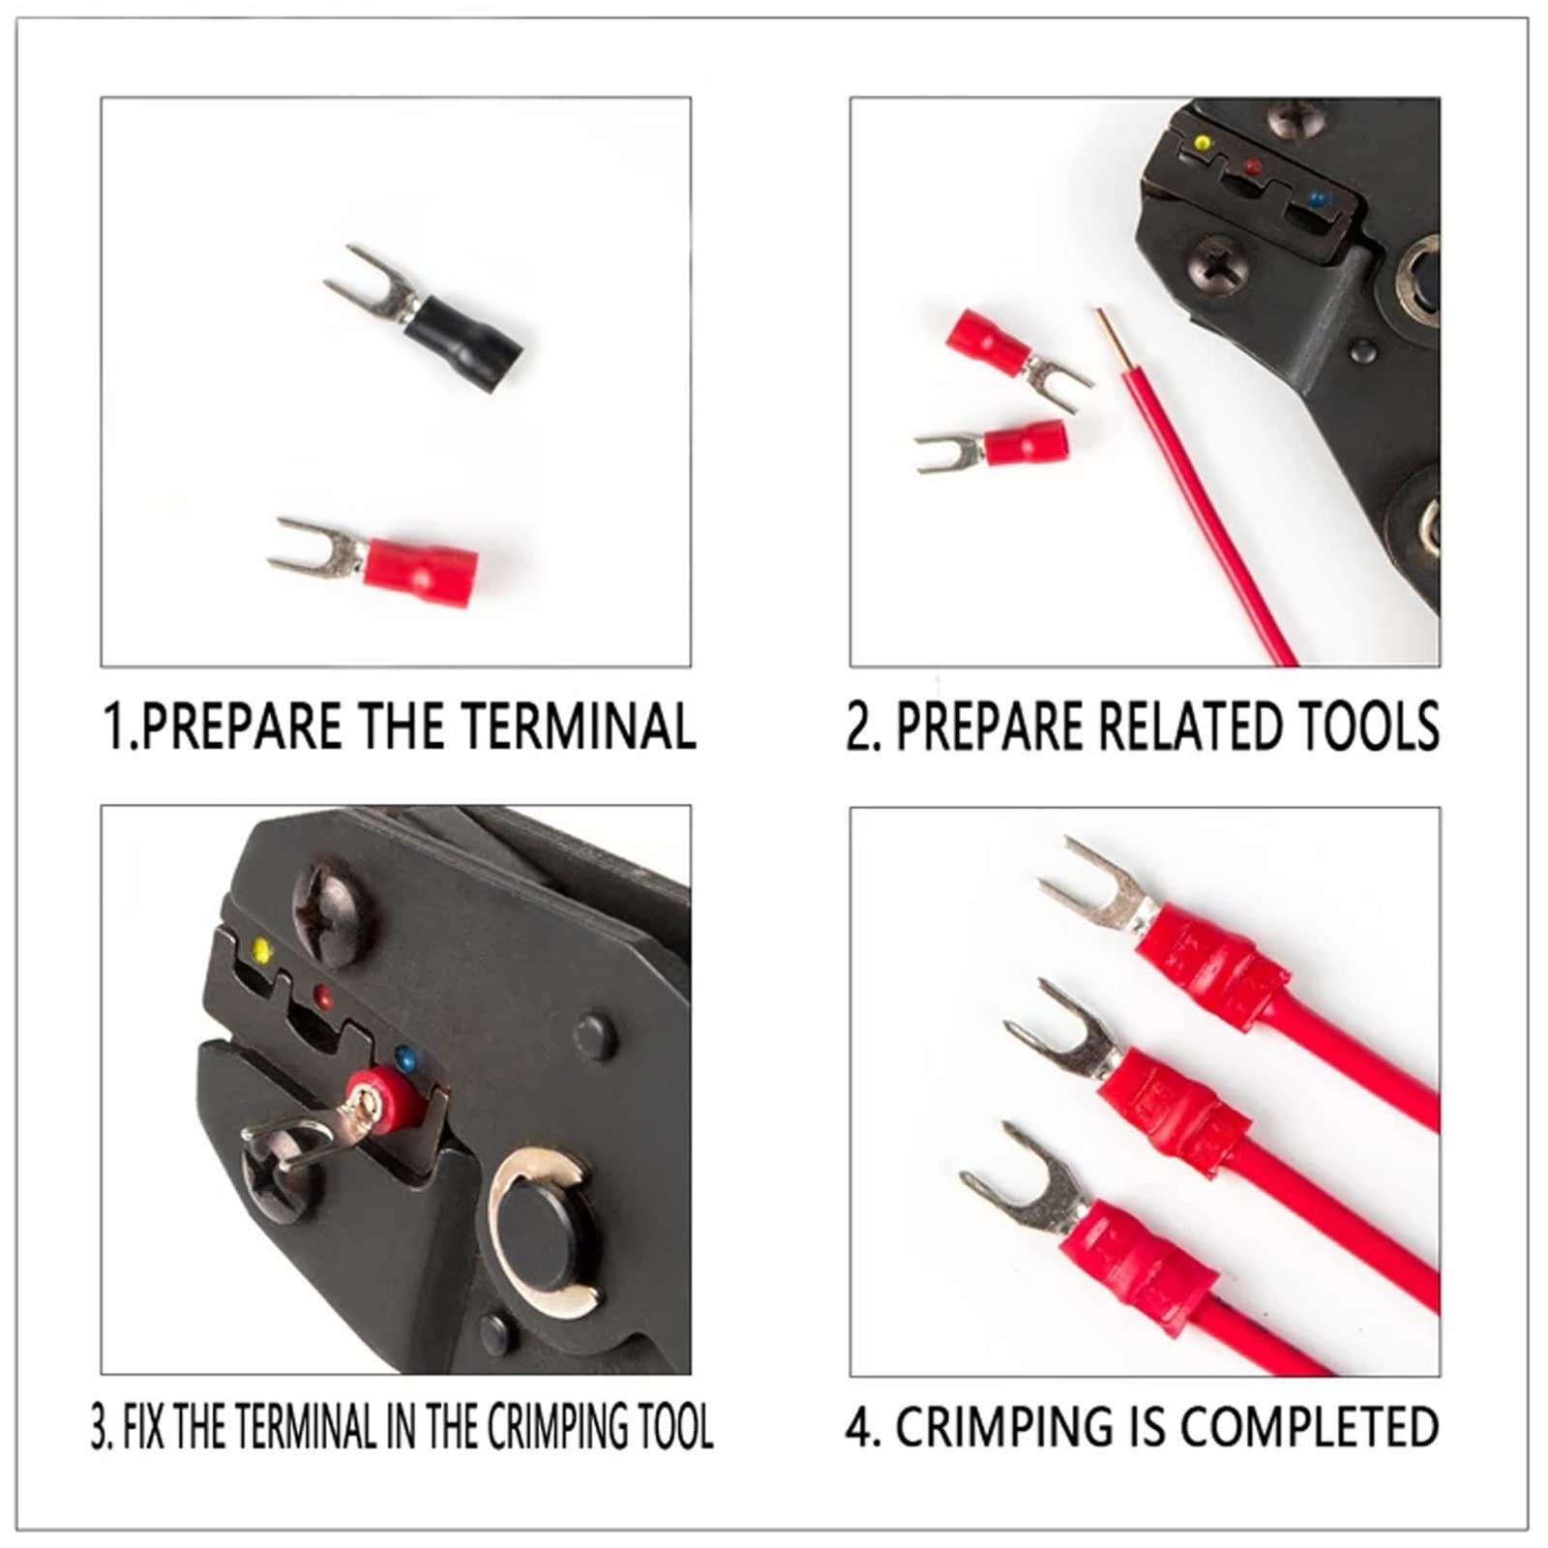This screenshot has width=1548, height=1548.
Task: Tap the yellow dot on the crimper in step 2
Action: point(1203,143)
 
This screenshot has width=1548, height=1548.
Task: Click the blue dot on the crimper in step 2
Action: point(1315,198)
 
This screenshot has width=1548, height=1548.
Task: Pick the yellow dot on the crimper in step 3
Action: point(260,950)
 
